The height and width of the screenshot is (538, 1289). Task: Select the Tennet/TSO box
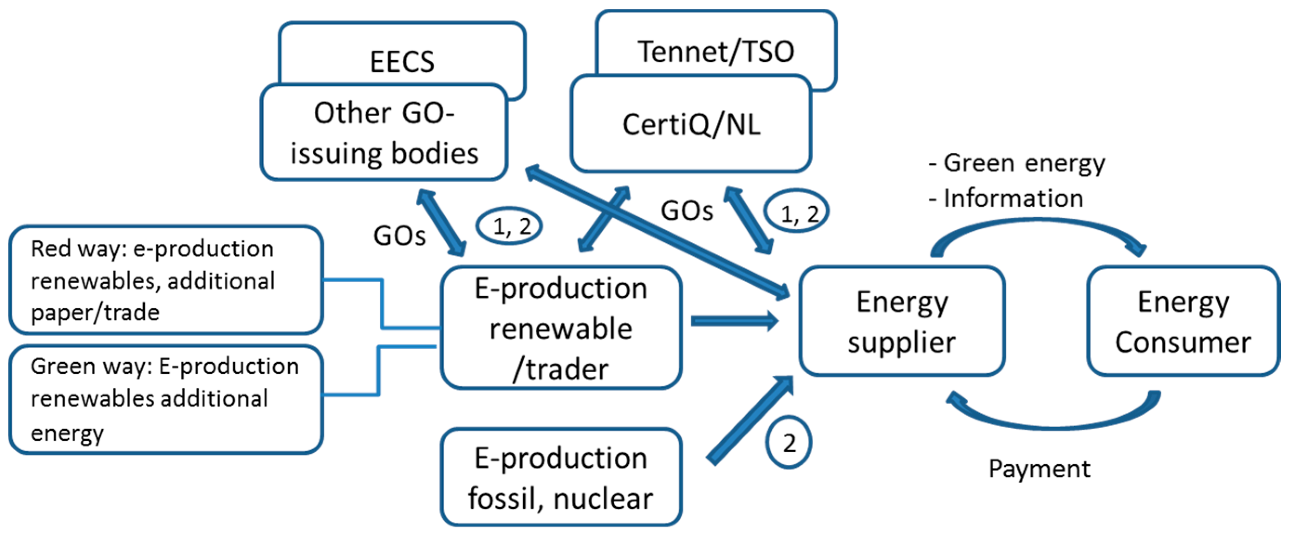(x=716, y=45)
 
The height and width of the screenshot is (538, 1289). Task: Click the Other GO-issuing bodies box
(x=384, y=133)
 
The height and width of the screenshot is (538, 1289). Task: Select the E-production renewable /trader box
(x=561, y=328)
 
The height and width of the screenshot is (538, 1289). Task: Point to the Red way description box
(x=165, y=280)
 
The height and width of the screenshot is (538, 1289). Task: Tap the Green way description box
(x=165, y=399)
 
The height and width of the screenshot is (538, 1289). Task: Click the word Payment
(x=1039, y=469)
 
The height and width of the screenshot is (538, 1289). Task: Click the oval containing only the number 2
(x=788, y=442)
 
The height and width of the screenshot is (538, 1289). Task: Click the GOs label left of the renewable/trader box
(x=399, y=235)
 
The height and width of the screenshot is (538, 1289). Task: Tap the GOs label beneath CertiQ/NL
(x=687, y=210)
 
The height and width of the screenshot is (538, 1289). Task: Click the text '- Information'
(x=1006, y=198)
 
